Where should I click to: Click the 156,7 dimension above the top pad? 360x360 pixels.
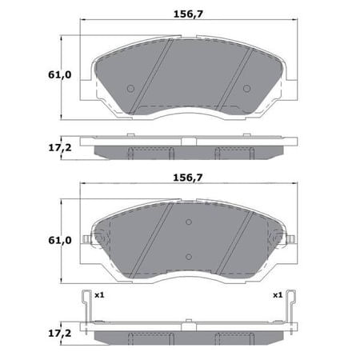[x=188, y=14]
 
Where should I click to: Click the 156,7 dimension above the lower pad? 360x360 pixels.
[x=188, y=178]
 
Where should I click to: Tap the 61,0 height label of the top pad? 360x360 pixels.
[x=60, y=75]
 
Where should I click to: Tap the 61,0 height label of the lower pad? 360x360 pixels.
[x=60, y=241]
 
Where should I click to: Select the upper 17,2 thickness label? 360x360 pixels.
[x=60, y=147]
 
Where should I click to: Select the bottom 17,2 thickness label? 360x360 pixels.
[x=60, y=333]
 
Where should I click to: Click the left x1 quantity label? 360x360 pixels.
[x=99, y=295]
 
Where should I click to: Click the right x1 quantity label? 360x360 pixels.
[x=278, y=295]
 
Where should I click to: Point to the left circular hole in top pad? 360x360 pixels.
[x=130, y=88]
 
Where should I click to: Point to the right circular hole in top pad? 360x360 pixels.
[x=246, y=88]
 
